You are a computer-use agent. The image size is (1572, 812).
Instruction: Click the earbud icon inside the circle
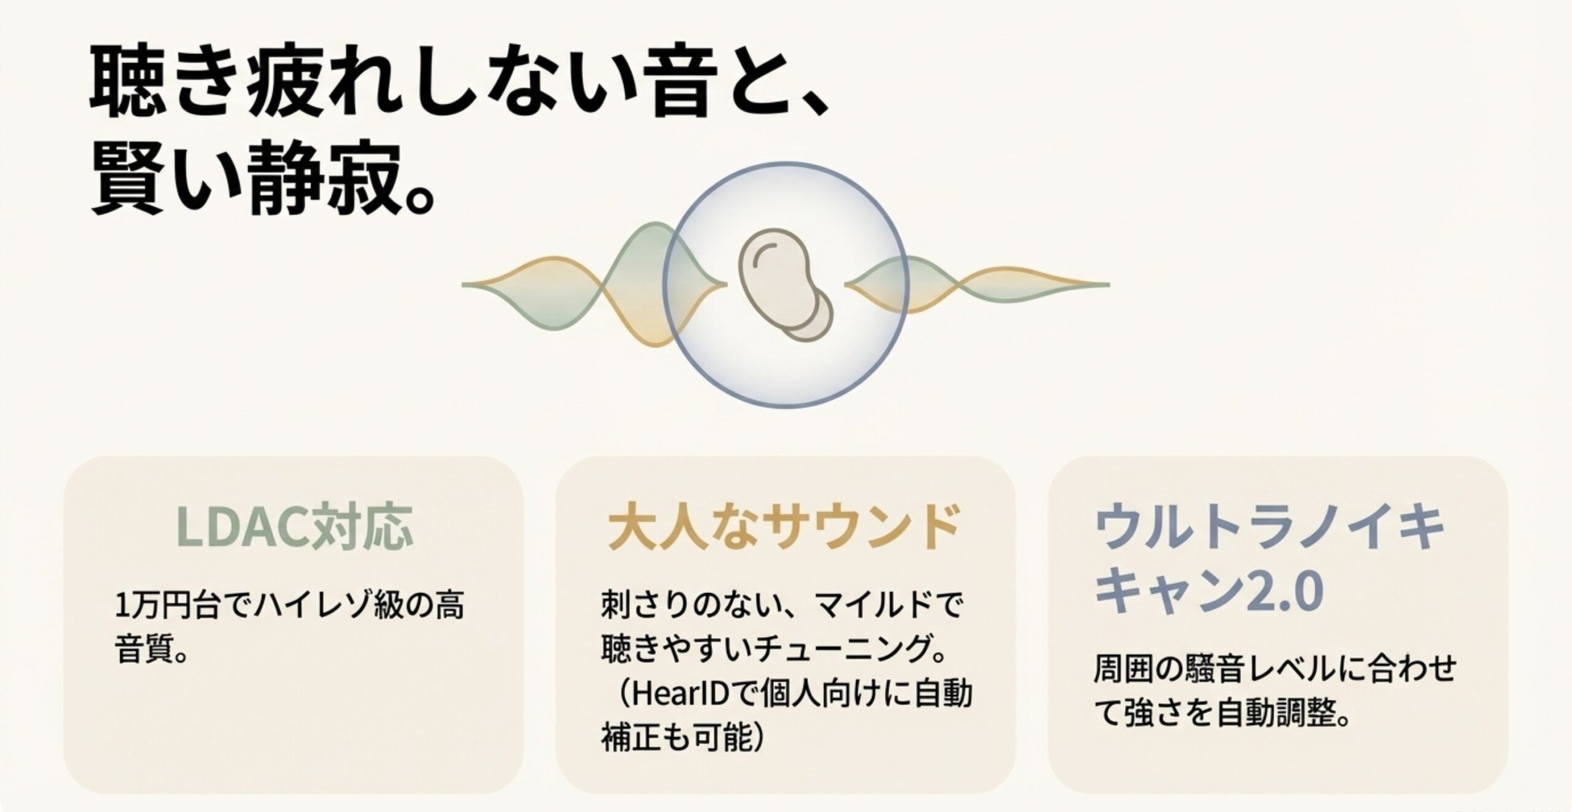point(785,286)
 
